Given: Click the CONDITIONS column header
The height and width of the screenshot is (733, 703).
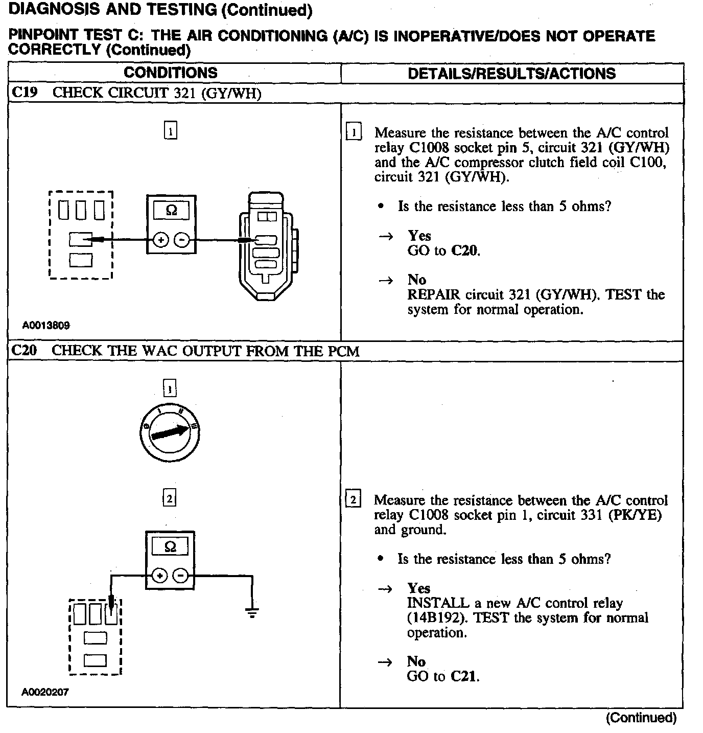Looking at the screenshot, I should tap(171, 73).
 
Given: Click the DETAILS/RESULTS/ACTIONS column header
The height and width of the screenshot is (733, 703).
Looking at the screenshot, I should tap(511, 74).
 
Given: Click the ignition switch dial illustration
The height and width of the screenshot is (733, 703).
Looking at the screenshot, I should tap(170, 432).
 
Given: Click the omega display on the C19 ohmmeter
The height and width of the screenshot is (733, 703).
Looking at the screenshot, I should tap(172, 211).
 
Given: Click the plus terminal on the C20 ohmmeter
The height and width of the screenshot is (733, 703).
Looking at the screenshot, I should tap(159, 576).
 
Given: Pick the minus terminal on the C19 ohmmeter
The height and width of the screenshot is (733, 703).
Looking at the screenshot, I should tap(182, 240).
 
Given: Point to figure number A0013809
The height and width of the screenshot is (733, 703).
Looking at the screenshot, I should tap(46, 325).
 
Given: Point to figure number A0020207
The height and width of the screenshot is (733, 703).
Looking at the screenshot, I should tap(45, 692).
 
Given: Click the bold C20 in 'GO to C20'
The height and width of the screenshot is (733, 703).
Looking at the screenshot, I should tap(465, 250).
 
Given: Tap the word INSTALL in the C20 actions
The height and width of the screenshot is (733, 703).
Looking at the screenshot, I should tap(438, 603).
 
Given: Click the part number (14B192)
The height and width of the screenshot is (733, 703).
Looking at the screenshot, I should tap(437, 618).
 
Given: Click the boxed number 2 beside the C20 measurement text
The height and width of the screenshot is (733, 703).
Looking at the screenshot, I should tap(353, 499).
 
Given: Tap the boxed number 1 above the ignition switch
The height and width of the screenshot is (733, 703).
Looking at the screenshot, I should tap(170, 389).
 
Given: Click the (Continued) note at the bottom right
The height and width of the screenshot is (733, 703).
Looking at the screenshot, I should tap(641, 718).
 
